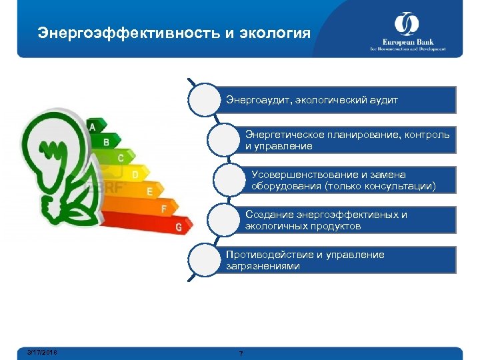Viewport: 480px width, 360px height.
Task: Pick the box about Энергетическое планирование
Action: click(x=347, y=140)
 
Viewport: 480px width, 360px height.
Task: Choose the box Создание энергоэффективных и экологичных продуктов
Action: click(x=347, y=220)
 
